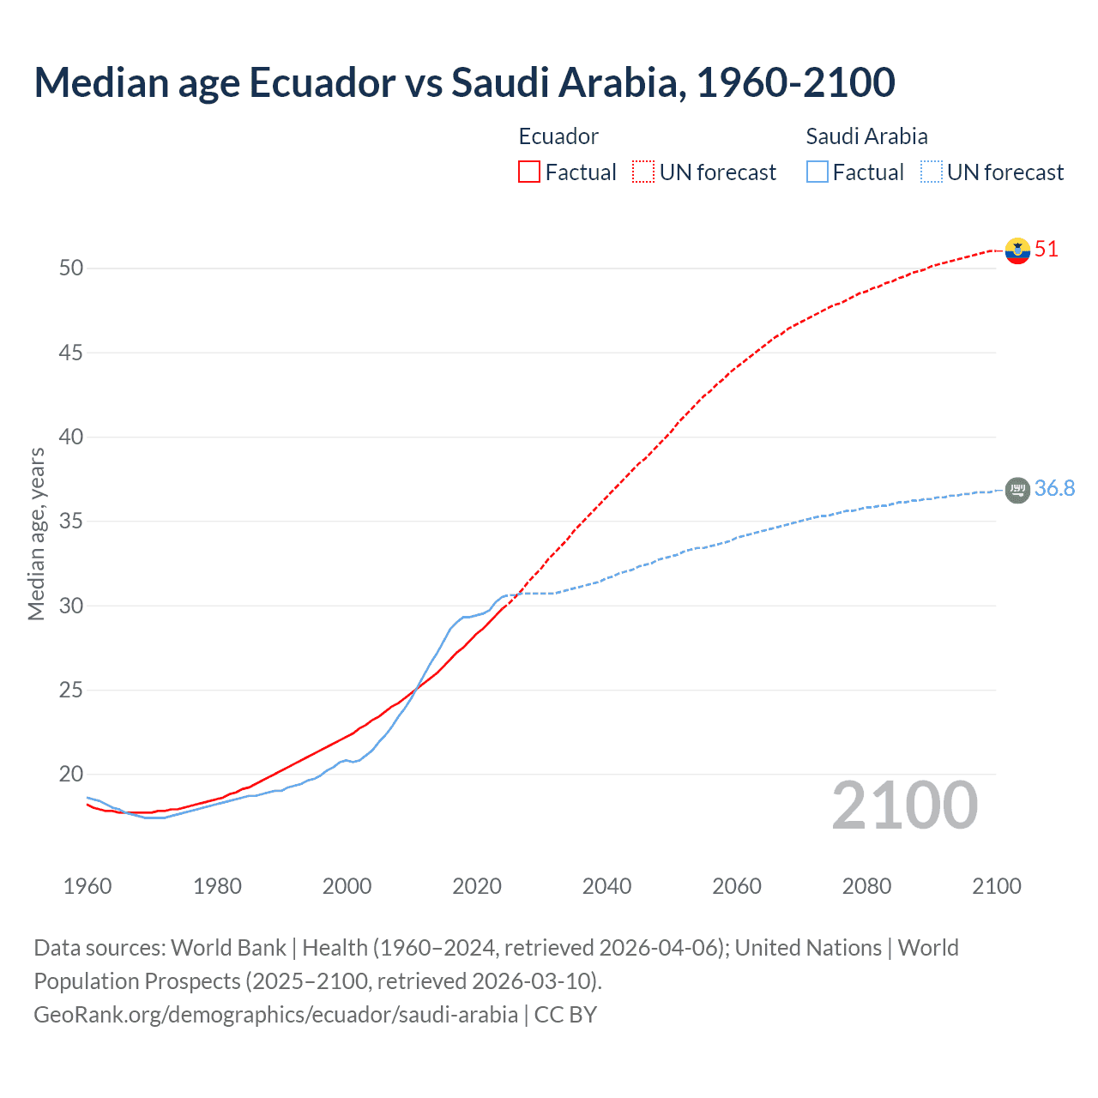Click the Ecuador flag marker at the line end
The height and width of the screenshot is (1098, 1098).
pyautogui.click(x=1017, y=250)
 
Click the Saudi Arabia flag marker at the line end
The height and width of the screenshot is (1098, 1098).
pyautogui.click(x=1017, y=490)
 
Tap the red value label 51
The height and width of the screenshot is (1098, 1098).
pyautogui.click(x=1047, y=250)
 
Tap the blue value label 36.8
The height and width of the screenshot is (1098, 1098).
pyautogui.click(x=1054, y=488)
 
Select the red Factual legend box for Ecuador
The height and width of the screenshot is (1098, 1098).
pyautogui.click(x=529, y=172)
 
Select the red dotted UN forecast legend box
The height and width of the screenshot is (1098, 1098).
pyautogui.click(x=643, y=172)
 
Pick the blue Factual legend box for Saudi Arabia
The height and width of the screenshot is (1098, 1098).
pyautogui.click(x=817, y=172)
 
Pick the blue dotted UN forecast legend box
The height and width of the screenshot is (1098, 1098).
pyautogui.click(x=931, y=172)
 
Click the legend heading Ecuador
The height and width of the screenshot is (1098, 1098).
pyautogui.click(x=558, y=136)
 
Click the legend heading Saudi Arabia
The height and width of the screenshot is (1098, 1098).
pyautogui.click(x=866, y=136)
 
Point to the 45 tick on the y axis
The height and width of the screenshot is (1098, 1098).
pyautogui.click(x=71, y=353)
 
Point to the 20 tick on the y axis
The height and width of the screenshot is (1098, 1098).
pyautogui.click(x=71, y=775)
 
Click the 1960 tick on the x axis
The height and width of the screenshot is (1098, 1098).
pyautogui.click(x=87, y=886)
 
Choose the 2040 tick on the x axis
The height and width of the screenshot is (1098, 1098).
pyautogui.click(x=606, y=886)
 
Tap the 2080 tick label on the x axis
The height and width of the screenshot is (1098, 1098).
pyautogui.click(x=866, y=886)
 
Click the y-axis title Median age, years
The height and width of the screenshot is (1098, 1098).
pyautogui.click(x=36, y=534)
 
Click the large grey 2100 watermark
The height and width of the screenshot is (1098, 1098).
pyautogui.click(x=904, y=805)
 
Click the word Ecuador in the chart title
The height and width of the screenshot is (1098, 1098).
pyautogui.click(x=323, y=82)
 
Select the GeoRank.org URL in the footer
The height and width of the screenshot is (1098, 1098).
pyautogui.click(x=275, y=1015)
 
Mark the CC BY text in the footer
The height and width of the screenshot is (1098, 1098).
pyautogui.click(x=565, y=1015)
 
